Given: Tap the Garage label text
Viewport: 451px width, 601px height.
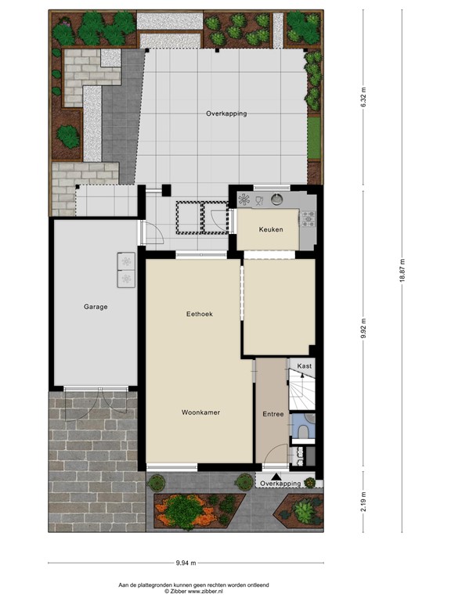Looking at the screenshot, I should (96, 307).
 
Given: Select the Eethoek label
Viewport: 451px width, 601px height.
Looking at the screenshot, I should (199, 314).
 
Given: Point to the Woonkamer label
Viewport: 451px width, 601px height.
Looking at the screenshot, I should (200, 412).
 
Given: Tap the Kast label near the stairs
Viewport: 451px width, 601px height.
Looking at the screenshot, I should (305, 366).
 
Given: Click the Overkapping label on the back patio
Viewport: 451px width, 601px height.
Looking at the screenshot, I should (226, 113).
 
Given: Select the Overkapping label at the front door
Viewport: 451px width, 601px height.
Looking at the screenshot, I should (280, 484).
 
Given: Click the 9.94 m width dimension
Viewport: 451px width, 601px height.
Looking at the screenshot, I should (186, 563).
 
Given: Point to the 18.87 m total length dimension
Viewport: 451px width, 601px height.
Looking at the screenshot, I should (402, 271).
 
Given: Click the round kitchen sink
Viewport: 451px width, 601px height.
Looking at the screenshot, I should (276, 200).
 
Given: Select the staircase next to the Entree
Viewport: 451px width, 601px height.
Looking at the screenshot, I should (301, 391).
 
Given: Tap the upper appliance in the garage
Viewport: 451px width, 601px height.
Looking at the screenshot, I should (126, 261).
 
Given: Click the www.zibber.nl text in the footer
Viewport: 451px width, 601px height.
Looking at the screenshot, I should (201, 592).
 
